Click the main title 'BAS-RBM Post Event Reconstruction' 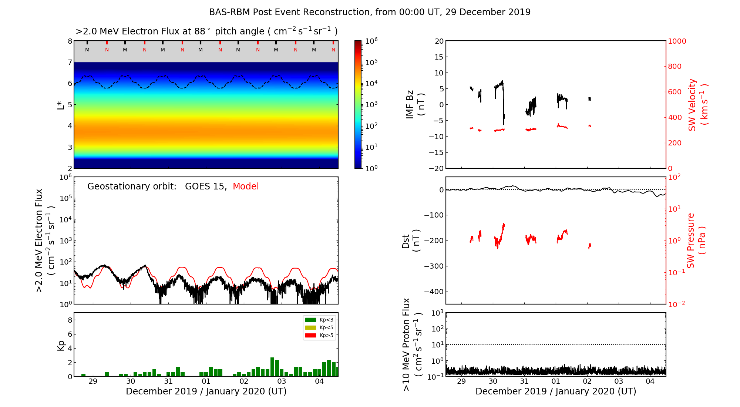click(370, 12)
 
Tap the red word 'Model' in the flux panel click(246, 186)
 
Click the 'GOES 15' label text click(205, 186)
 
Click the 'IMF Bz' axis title click(410, 105)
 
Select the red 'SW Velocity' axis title click(692, 105)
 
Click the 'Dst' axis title click(406, 241)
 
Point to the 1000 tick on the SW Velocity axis click(677, 41)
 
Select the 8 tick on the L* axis click(70, 41)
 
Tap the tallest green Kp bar click(272, 367)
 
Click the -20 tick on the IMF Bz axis click(436, 168)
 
